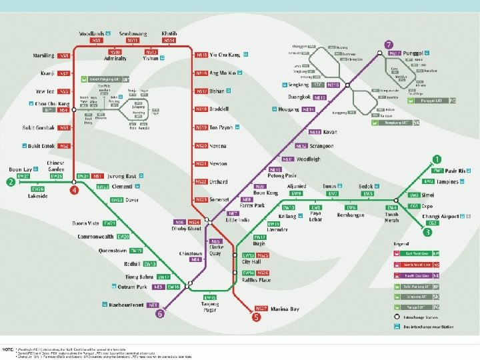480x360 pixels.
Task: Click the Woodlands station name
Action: (91, 33)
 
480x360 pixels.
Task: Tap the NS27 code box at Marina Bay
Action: (261, 309)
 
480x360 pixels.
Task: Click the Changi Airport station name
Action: (441, 217)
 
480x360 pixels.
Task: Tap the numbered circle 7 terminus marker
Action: (388, 45)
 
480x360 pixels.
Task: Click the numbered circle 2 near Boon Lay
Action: (10, 182)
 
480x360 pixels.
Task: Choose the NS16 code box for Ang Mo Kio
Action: (201, 73)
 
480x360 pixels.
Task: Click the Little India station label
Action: (240, 218)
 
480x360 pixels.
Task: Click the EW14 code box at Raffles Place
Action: (248, 273)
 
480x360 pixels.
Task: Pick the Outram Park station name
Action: (132, 287)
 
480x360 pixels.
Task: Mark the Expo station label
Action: (427, 207)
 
